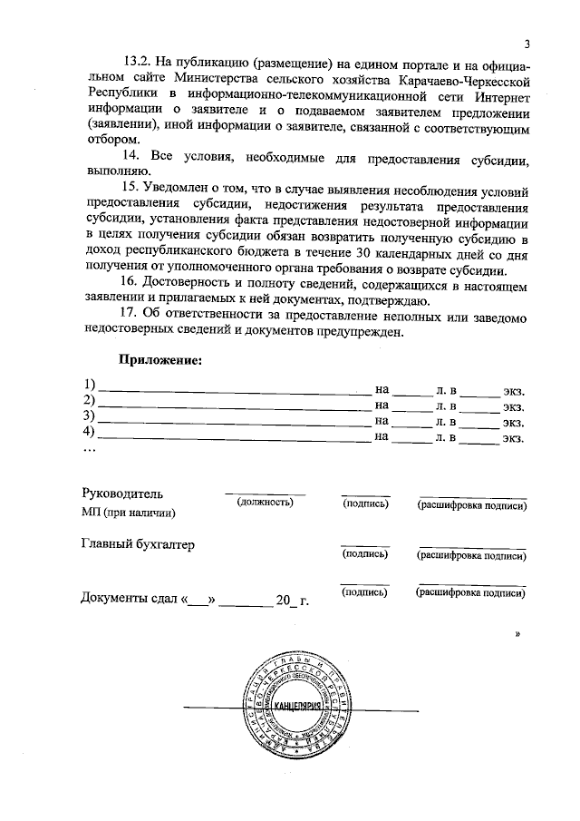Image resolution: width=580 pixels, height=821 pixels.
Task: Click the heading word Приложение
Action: tap(160, 359)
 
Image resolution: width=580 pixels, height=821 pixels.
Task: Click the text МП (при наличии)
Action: tap(128, 513)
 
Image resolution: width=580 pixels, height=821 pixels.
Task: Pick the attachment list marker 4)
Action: tap(88, 434)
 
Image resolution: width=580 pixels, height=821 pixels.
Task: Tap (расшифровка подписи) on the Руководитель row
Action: tap(472, 505)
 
